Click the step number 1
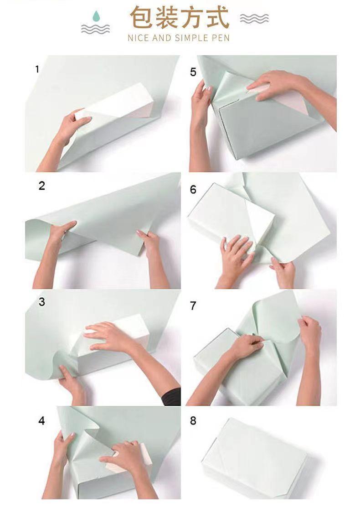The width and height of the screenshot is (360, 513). pyautogui.click(x=37, y=69)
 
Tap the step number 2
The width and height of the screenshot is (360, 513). pyautogui.click(x=41, y=186)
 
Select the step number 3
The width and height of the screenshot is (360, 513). pyautogui.click(x=41, y=302)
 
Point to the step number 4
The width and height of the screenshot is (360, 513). pyautogui.click(x=41, y=420)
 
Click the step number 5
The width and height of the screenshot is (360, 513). pyautogui.click(x=193, y=72)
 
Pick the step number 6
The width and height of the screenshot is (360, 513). pyautogui.click(x=193, y=189)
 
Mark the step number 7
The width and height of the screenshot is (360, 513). pyautogui.click(x=193, y=306)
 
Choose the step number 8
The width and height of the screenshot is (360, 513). pyautogui.click(x=193, y=420)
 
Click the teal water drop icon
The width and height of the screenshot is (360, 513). pyautogui.click(x=96, y=16)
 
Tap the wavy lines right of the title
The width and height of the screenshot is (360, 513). pyautogui.click(x=254, y=19)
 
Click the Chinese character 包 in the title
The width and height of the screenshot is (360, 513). pyautogui.click(x=141, y=17)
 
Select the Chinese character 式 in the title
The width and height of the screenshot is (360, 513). pyautogui.click(x=217, y=17)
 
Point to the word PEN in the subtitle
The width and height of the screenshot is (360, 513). pyautogui.click(x=221, y=38)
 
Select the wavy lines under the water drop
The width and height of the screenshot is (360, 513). pyautogui.click(x=96, y=29)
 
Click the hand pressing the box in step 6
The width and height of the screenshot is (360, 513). pyautogui.click(x=236, y=255)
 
